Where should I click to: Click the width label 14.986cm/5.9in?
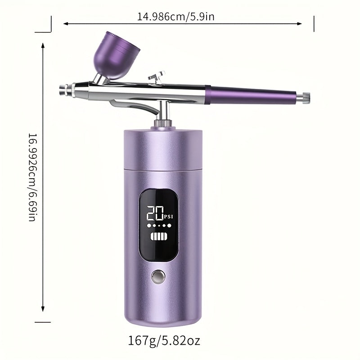pos(175,17)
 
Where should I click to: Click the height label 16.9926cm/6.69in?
pos(32,177)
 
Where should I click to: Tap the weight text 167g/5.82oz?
pos(164,341)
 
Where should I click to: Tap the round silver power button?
pos(158,276)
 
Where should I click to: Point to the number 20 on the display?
pos(155,213)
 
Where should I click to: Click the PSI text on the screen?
pos(169,216)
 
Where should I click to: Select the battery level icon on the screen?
pos(159,236)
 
